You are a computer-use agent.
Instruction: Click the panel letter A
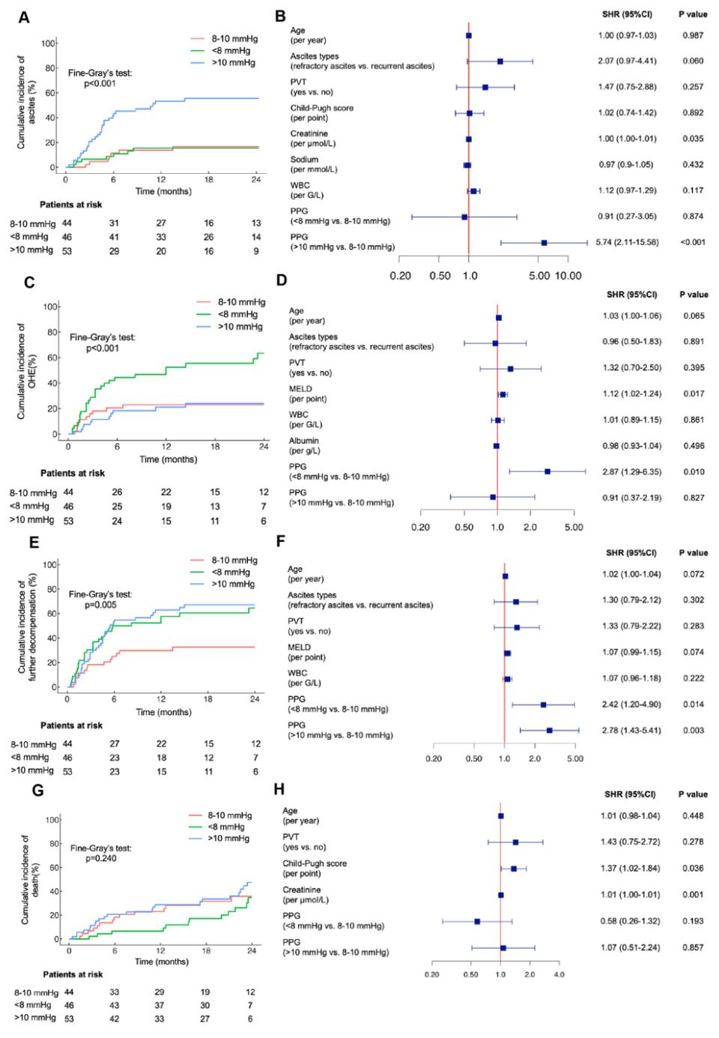[x=24, y=17]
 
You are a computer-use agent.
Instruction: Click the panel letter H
[x=279, y=790]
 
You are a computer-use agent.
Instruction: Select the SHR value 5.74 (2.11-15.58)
[x=628, y=242]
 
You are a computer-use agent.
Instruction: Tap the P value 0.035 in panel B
[x=693, y=139]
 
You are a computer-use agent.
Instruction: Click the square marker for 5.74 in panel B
[x=544, y=243]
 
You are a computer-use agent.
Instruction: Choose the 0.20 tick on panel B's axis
[x=400, y=275]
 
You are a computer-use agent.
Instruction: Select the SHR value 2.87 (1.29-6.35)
[x=631, y=471]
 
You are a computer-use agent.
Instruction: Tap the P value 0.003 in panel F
[x=693, y=730]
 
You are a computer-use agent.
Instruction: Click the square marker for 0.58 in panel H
[x=477, y=921]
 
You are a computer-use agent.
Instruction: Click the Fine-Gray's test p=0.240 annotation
[x=101, y=853]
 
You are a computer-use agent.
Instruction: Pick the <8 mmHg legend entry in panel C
[x=234, y=315]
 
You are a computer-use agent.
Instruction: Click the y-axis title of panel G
[x=29, y=878]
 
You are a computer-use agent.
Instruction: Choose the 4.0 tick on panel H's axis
[x=559, y=974]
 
